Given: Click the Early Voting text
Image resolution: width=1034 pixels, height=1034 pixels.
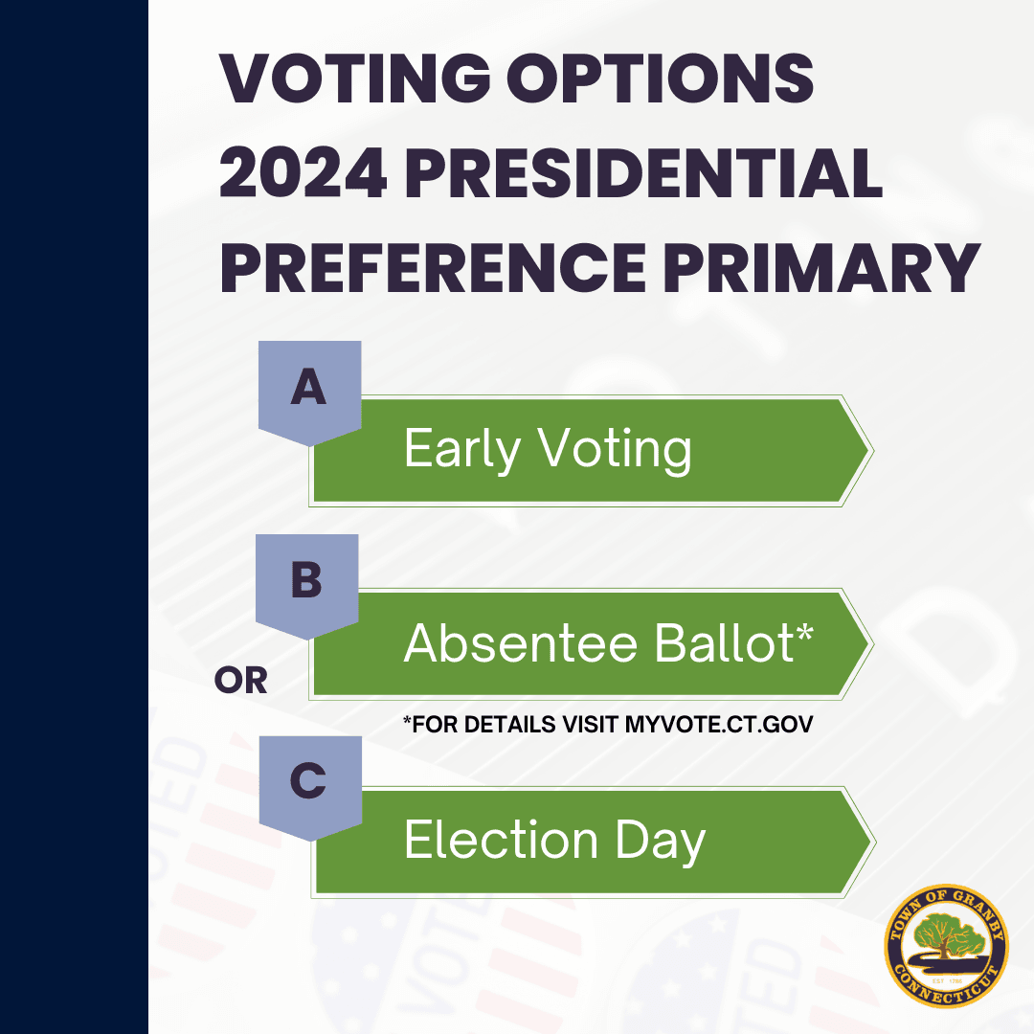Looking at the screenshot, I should [547, 449].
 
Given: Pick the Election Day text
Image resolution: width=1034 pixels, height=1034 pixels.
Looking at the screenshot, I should [554, 841].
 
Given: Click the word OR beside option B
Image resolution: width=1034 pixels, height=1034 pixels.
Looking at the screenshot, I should [241, 681].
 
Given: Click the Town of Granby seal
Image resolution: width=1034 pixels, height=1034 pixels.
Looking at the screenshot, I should [946, 946].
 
